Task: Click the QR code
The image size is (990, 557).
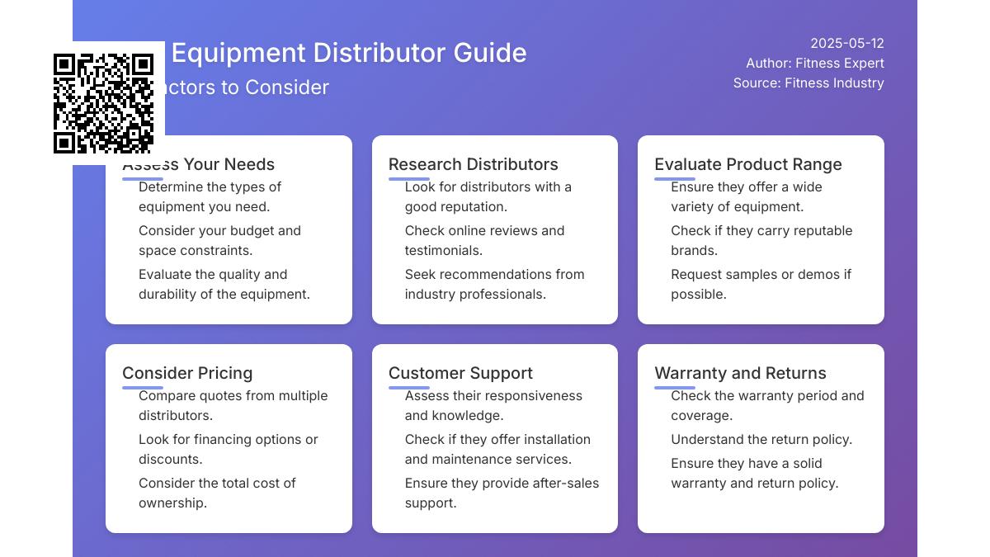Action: (x=103, y=103)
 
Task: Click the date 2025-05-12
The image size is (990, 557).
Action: (x=846, y=44)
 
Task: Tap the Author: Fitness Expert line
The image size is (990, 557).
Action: (x=814, y=64)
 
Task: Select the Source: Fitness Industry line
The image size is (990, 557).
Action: (x=808, y=83)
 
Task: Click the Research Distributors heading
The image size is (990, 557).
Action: (x=473, y=164)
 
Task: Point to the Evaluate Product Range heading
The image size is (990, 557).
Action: (x=747, y=164)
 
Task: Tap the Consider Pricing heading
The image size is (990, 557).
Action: (x=187, y=373)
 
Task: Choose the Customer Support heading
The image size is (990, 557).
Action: (x=460, y=373)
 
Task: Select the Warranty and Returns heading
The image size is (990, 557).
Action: (x=740, y=373)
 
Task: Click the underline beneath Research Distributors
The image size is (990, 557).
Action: (x=408, y=178)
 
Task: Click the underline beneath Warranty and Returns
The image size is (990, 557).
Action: (x=675, y=387)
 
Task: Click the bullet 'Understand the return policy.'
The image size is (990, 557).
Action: (x=761, y=440)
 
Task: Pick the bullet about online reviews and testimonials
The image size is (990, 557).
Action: (x=484, y=241)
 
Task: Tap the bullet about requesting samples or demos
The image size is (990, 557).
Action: (x=760, y=285)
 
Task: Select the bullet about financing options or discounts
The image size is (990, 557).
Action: (x=228, y=450)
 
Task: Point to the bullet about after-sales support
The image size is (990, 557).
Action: (x=501, y=493)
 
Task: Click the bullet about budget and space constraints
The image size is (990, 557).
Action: (x=219, y=241)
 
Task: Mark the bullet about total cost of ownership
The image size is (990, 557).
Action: (x=217, y=493)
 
